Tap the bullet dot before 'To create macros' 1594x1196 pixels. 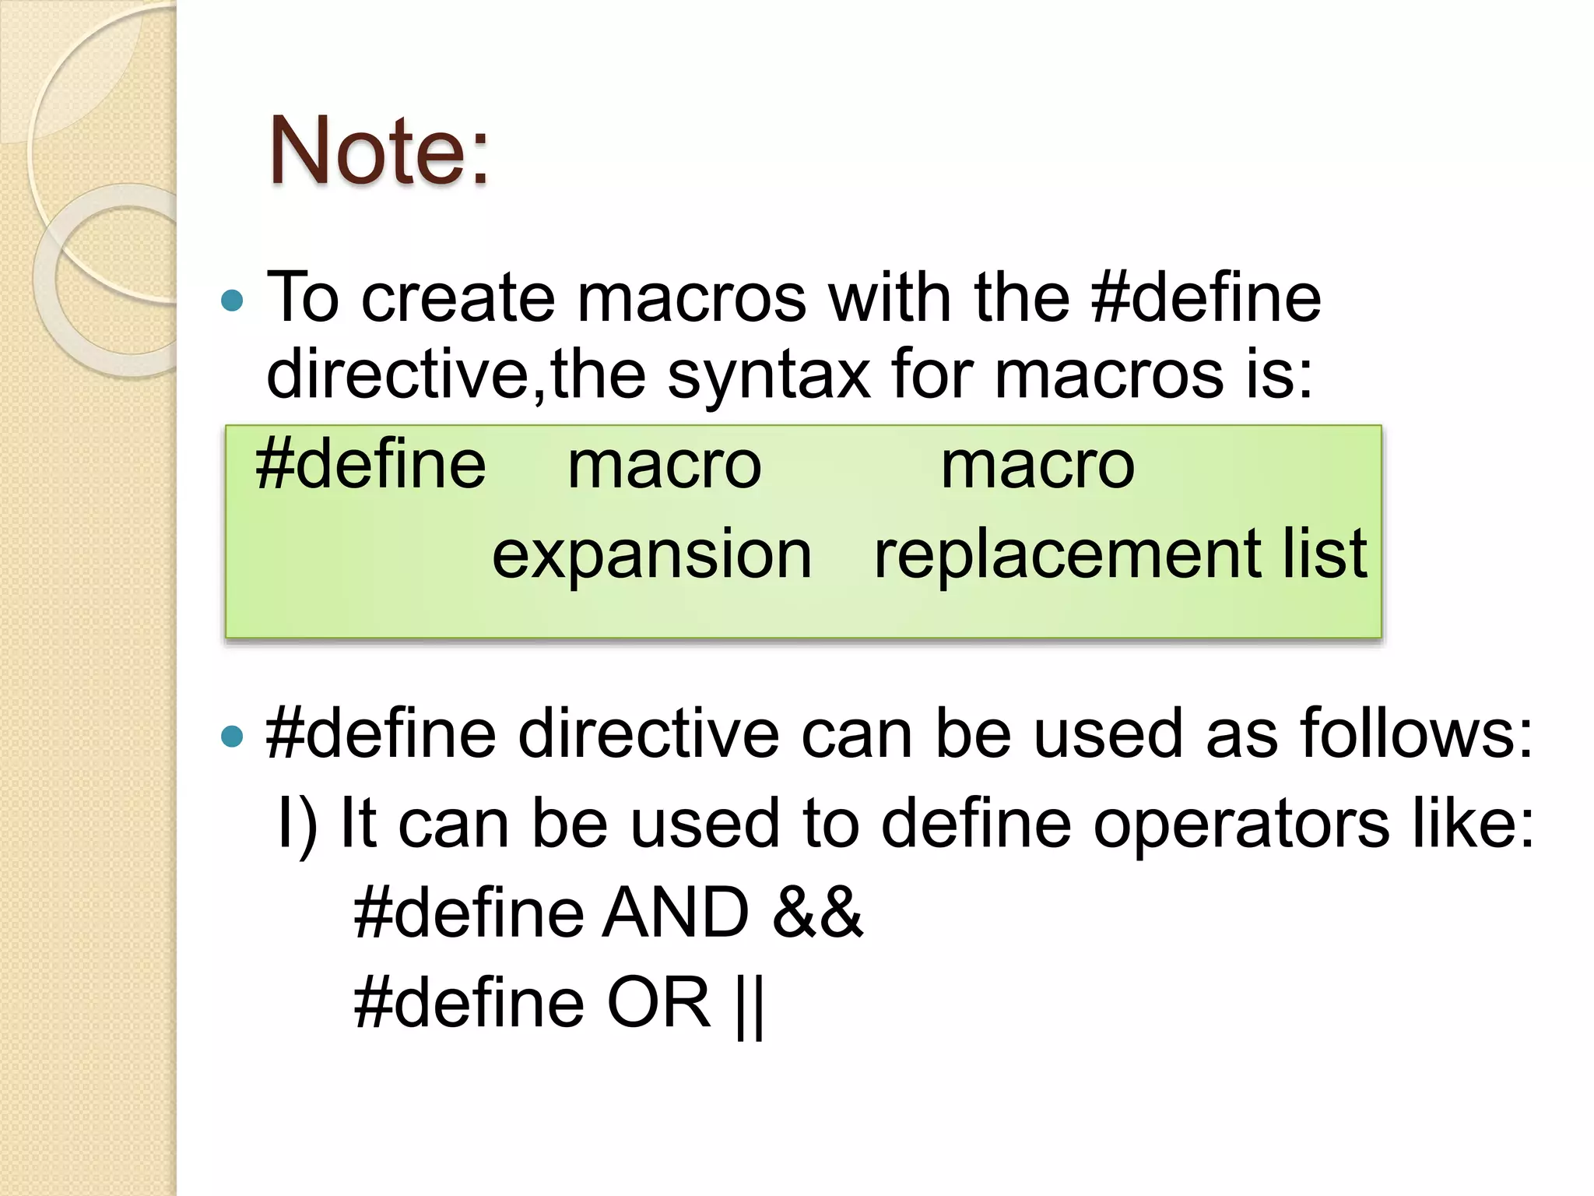click(x=232, y=300)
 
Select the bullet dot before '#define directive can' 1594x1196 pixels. click(x=232, y=735)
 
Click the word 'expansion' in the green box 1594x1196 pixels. click(x=651, y=554)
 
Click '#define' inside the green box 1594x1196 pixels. click(x=370, y=465)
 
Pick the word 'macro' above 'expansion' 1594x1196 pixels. click(x=664, y=466)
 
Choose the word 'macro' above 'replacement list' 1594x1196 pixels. click(x=1038, y=466)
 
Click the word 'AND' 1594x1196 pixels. click(x=676, y=913)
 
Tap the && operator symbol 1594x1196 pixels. click(x=817, y=913)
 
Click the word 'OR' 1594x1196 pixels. click(x=658, y=1003)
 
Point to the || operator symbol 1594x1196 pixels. click(x=750, y=1004)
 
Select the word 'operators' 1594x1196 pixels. click(x=1241, y=824)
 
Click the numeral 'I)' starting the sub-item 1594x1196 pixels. click(x=297, y=824)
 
